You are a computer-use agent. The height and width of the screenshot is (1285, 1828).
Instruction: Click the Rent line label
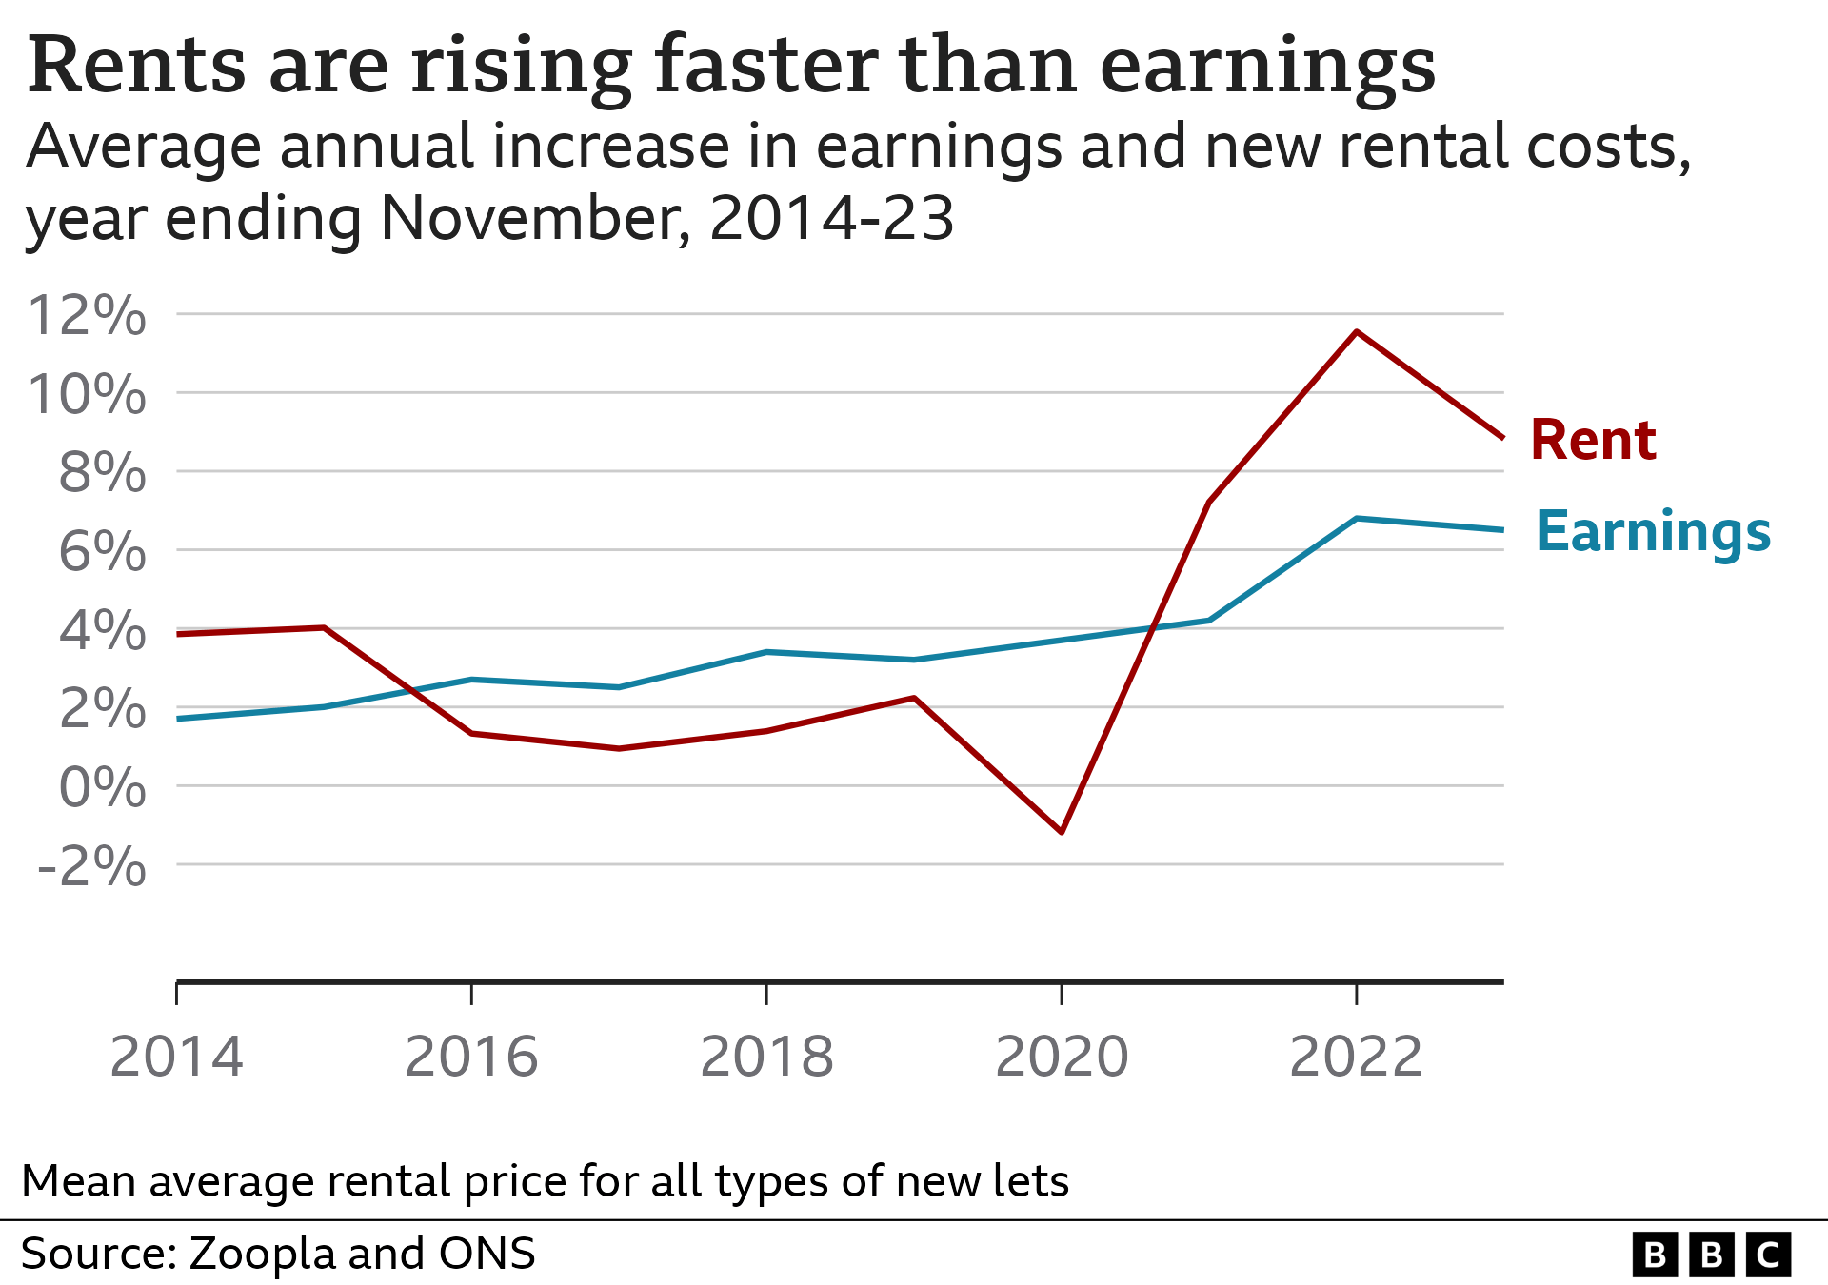point(1593,441)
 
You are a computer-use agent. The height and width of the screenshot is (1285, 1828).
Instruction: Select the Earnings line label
point(1653,532)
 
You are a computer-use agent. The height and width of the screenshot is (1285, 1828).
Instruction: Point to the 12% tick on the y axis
point(88,315)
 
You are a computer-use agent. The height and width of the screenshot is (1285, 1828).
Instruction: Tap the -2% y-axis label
point(91,867)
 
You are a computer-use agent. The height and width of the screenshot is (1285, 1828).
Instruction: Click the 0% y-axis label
point(102,788)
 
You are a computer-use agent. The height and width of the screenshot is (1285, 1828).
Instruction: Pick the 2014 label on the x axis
point(177,1057)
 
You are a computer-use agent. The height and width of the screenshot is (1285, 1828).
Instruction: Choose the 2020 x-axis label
point(1062,1057)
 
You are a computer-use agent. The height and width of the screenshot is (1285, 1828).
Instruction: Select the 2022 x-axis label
point(1356,1057)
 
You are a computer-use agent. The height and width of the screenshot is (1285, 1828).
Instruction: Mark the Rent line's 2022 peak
point(1356,331)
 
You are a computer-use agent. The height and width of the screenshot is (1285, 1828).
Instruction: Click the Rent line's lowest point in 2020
point(1062,832)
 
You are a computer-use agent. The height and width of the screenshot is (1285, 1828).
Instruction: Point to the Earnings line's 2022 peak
point(1356,519)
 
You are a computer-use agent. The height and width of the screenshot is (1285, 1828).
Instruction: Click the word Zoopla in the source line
point(262,1254)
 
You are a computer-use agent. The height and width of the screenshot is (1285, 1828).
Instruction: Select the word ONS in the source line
point(487,1254)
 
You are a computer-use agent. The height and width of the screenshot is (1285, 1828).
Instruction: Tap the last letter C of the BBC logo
point(1768,1255)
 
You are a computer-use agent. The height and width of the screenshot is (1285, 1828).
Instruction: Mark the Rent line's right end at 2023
point(1501,438)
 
